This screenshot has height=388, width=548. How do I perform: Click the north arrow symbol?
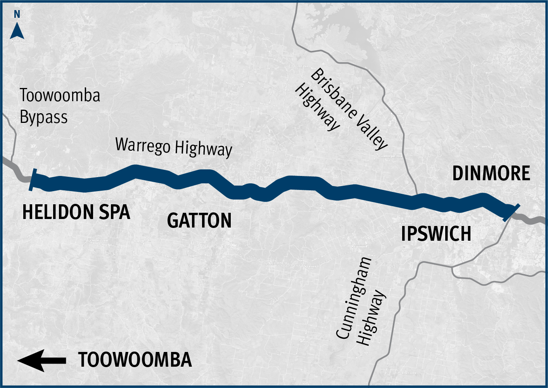click(17, 31)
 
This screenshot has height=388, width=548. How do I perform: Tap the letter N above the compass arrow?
click(17, 14)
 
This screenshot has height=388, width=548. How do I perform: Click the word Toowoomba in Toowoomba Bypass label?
click(60, 95)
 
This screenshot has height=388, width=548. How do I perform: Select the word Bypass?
click(43, 117)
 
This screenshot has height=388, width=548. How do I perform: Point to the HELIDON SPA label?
click(76, 212)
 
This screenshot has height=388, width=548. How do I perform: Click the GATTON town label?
click(199, 221)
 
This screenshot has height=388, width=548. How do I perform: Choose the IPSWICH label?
click(436, 234)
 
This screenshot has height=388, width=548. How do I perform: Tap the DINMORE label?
click(491, 173)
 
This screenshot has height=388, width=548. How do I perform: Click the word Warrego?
click(143, 145)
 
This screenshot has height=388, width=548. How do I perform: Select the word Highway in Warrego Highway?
click(203, 148)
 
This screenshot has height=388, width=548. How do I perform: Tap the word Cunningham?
click(353, 298)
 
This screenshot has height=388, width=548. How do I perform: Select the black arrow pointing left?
click(41, 360)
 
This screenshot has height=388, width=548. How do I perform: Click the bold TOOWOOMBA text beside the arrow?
click(135, 360)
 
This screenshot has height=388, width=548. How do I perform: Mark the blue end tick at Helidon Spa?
click(33, 180)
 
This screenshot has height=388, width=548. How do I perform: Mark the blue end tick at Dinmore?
click(511, 212)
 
